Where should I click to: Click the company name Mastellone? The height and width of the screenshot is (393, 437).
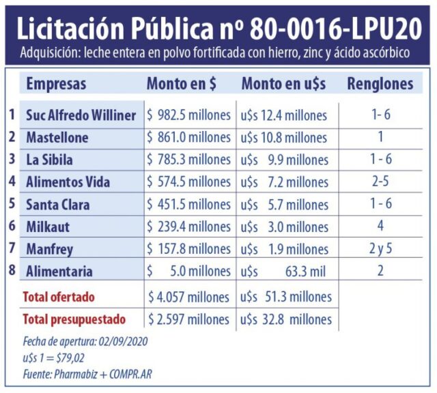(x=57, y=138)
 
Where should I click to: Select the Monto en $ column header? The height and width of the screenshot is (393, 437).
(x=182, y=84)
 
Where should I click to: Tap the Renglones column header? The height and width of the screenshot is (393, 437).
(x=380, y=84)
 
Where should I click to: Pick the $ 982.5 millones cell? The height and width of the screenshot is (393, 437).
(x=189, y=115)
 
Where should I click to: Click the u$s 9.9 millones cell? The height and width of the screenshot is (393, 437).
(x=285, y=160)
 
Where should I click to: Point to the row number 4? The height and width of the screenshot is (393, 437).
(x=11, y=181)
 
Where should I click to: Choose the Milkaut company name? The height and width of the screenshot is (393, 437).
(x=48, y=227)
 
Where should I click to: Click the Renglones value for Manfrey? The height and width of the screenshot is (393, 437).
(x=380, y=249)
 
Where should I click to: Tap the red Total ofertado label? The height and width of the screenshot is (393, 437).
(x=59, y=297)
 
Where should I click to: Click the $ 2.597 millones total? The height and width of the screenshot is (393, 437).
(x=189, y=319)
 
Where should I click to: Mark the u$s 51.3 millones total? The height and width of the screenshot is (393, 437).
(x=287, y=297)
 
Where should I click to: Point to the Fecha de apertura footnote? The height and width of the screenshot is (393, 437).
(x=84, y=342)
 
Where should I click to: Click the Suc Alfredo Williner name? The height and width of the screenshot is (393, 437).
(x=81, y=115)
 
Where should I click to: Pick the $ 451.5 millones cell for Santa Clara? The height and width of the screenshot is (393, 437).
(x=189, y=205)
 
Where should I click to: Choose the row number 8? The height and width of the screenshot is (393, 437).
(x=11, y=271)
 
